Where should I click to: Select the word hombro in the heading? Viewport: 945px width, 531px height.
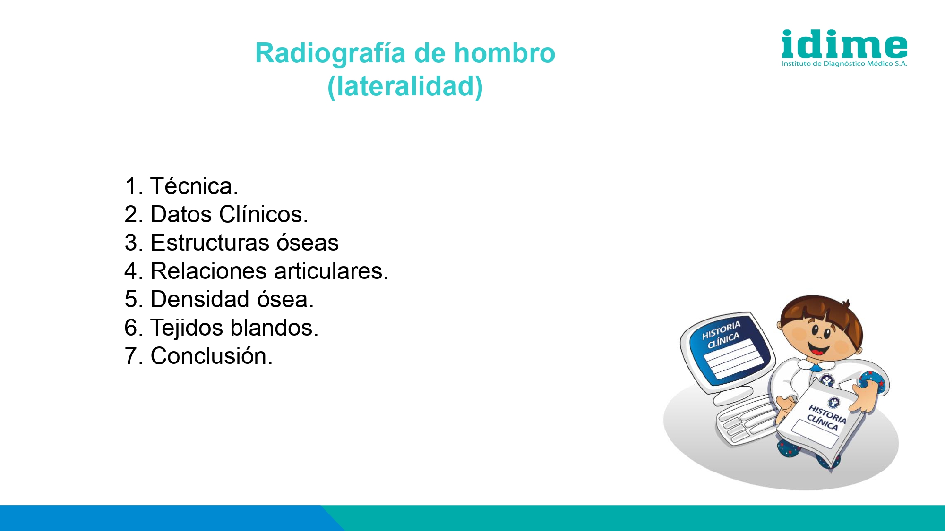pos(505,53)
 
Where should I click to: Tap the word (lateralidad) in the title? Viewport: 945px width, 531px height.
pos(405,86)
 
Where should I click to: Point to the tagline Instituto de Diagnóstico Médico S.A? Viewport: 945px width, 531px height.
pos(844,64)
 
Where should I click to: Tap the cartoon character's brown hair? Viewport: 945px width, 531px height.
pos(822,314)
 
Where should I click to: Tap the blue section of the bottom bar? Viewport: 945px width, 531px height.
pos(165,518)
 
